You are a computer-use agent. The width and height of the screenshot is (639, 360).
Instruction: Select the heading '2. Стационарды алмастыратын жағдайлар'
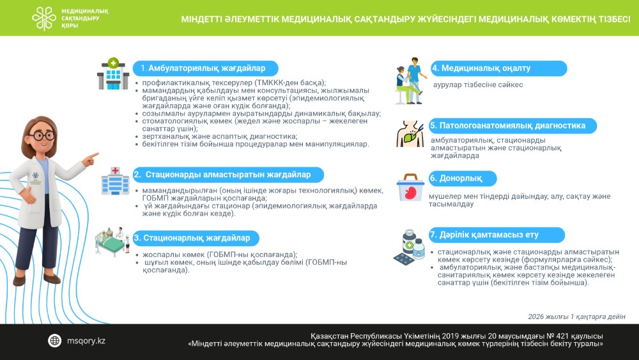coord(228,175)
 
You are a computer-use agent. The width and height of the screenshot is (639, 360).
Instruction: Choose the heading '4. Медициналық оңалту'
coord(490,68)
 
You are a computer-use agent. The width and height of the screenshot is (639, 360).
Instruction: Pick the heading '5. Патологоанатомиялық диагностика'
coord(507,126)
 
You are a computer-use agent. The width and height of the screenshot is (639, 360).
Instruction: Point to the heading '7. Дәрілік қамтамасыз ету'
coord(484,235)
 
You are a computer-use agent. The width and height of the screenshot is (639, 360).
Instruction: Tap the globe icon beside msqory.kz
coord(55,341)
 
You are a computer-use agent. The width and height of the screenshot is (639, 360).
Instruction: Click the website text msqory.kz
coord(86,341)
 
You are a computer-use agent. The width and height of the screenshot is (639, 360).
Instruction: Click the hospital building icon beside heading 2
coord(115,181)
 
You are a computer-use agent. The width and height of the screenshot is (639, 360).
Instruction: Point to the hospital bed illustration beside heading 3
coord(114,242)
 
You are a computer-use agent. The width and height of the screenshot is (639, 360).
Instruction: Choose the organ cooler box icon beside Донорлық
coord(410,188)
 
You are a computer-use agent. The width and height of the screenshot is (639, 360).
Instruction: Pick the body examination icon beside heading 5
coord(410,133)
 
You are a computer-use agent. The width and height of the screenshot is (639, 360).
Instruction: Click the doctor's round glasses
coord(42,136)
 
